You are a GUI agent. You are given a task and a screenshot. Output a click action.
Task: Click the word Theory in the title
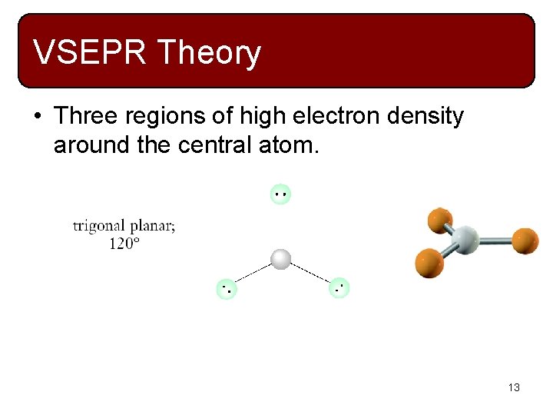pyautogui.click(x=209, y=53)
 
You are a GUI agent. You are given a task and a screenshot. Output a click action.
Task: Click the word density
pyautogui.click(x=425, y=116)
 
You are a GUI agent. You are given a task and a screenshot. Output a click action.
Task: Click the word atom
pyautogui.click(x=287, y=144)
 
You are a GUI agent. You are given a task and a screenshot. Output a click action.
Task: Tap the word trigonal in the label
pyautogui.click(x=98, y=226)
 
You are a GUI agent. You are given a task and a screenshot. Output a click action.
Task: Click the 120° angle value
pyautogui.click(x=124, y=243)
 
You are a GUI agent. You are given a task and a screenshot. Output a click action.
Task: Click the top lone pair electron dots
pyautogui.click(x=281, y=194)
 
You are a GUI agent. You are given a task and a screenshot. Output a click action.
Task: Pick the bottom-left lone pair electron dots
pyautogui.click(x=227, y=290)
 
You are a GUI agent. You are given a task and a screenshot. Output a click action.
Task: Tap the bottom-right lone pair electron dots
pyautogui.click(x=339, y=289)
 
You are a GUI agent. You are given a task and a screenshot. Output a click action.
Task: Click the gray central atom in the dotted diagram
pyautogui.click(x=281, y=259)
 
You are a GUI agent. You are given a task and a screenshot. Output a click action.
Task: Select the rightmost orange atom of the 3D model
pyautogui.click(x=525, y=241)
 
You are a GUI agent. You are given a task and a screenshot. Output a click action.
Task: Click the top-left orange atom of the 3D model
pyautogui.click(x=439, y=220)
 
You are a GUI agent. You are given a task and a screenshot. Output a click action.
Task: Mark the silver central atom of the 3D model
pyautogui.click(x=465, y=240)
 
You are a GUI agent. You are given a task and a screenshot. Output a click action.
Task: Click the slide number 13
pyautogui.click(x=514, y=388)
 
